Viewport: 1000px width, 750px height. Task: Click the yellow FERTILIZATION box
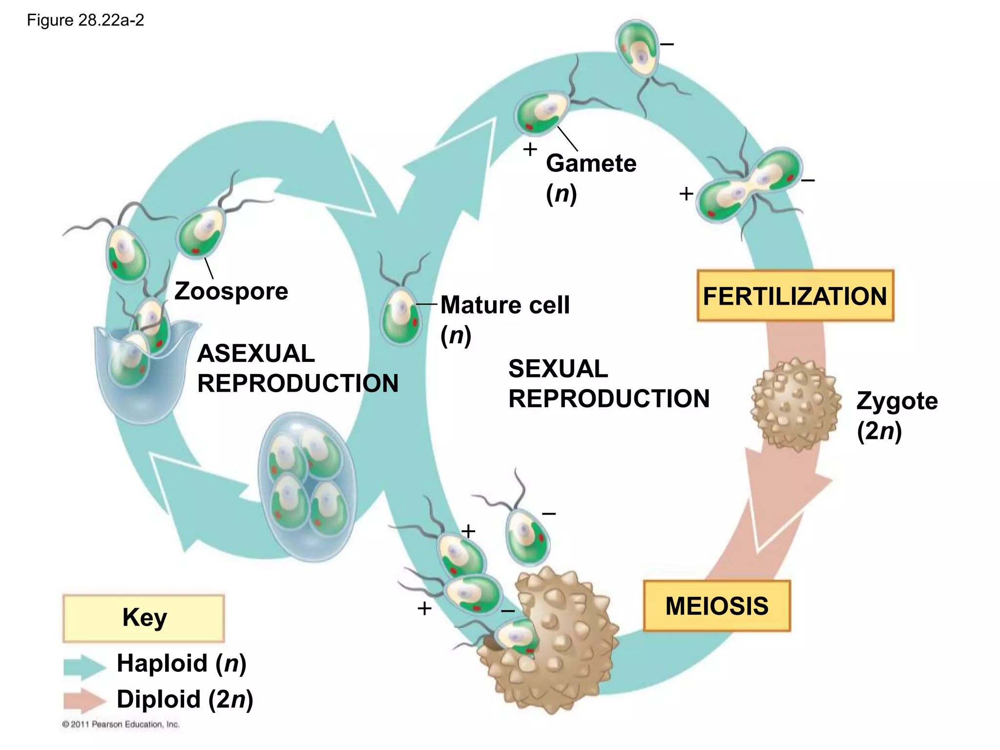(x=795, y=296)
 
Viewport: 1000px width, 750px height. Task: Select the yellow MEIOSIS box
(x=716, y=606)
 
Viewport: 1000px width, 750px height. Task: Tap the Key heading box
(x=144, y=618)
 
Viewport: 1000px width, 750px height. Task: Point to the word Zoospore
(x=231, y=292)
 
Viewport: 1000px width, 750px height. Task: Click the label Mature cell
(x=504, y=305)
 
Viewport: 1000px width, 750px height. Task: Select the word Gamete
(x=591, y=163)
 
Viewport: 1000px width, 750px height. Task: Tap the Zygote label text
(x=896, y=401)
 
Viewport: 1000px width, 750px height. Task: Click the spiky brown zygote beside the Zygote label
(x=795, y=404)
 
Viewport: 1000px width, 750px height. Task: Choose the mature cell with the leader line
(x=401, y=316)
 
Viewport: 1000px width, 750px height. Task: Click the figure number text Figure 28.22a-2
(x=85, y=21)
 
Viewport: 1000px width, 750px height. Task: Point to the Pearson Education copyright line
(x=121, y=724)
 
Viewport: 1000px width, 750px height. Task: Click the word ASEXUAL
(x=256, y=354)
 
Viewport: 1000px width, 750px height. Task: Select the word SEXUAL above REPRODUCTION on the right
(x=558, y=369)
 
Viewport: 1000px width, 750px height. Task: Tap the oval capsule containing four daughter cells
(x=308, y=486)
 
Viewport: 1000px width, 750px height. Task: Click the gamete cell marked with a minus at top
(x=637, y=49)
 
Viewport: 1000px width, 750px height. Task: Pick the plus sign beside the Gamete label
(x=530, y=149)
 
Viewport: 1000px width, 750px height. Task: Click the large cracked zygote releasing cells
(x=557, y=640)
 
